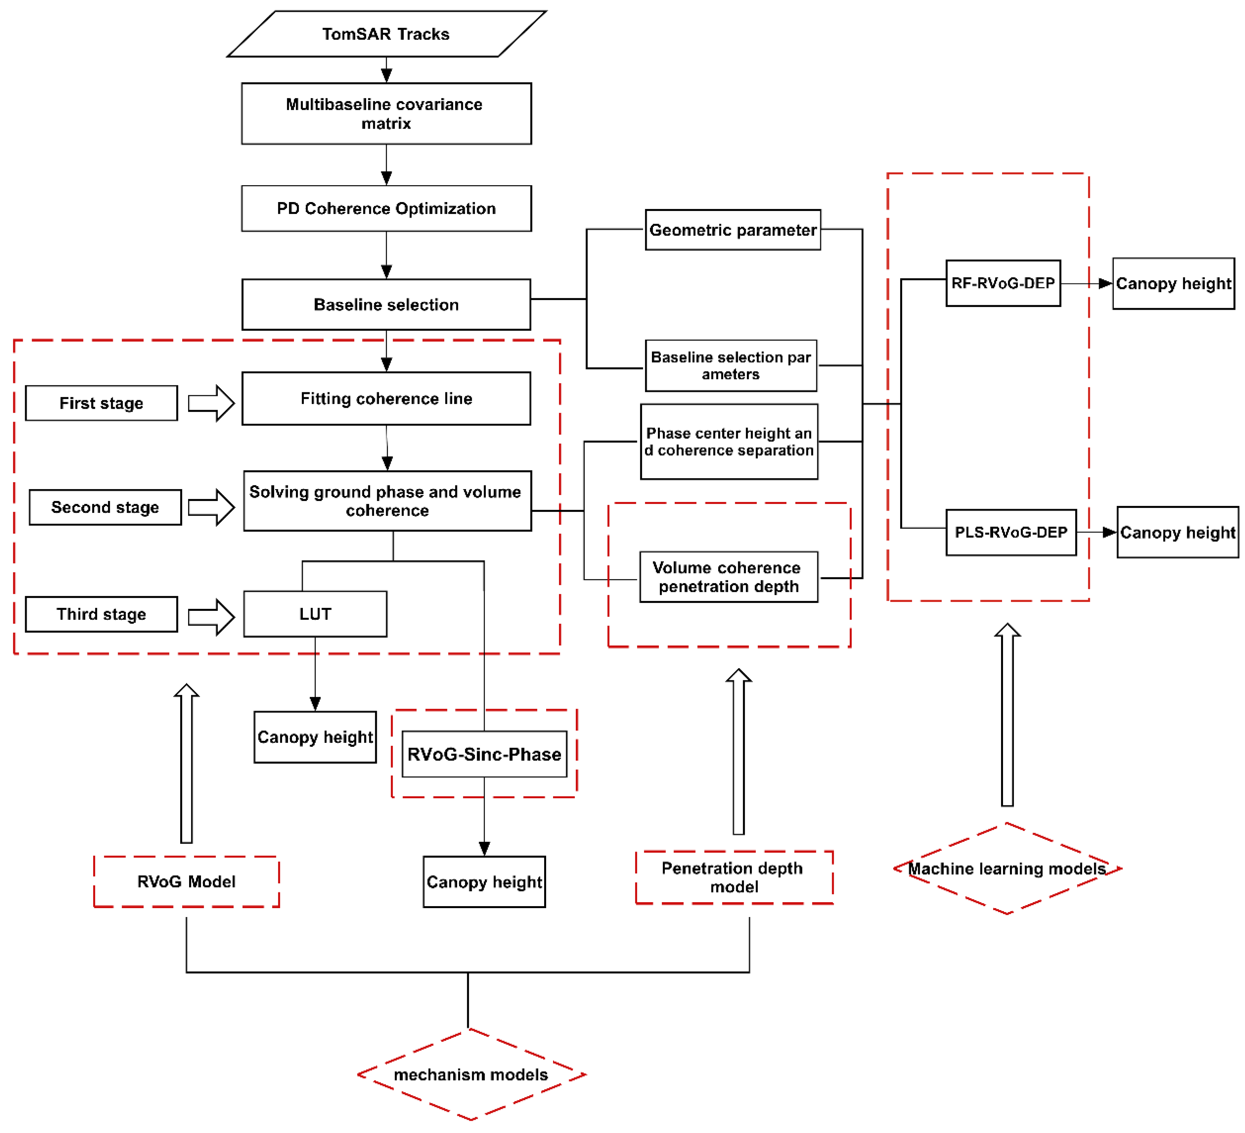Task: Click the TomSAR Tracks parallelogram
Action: point(386,34)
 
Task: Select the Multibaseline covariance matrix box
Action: point(386,114)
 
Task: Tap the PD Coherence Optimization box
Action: point(386,209)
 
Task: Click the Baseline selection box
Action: point(386,305)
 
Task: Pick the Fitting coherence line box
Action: point(386,399)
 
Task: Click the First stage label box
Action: point(101,403)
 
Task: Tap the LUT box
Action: point(315,614)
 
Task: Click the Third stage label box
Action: point(101,614)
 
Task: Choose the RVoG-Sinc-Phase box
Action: point(484,754)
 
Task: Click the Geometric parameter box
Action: point(733,230)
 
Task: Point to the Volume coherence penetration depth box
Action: point(729,577)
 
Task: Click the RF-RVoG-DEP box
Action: point(1003,283)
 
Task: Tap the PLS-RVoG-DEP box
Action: point(1011,532)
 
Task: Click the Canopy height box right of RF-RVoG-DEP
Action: point(1173,283)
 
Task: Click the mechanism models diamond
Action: point(470,1075)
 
